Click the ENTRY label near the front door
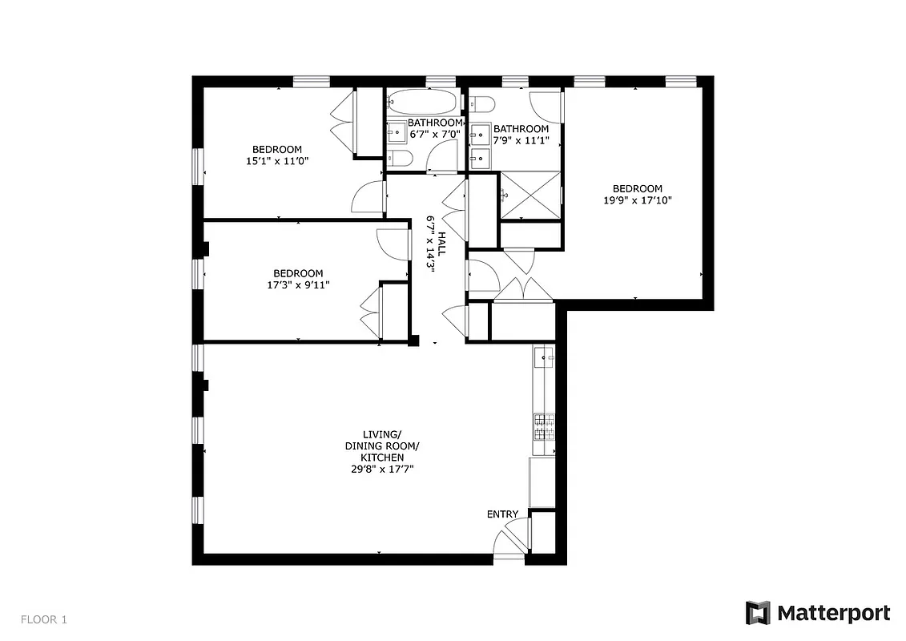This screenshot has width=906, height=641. click(502, 514)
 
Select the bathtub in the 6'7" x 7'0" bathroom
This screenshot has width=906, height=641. click(422, 103)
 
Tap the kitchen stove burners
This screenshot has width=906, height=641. click(545, 426)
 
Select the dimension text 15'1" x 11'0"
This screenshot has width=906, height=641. click(277, 161)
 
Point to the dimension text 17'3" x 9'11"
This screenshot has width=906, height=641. click(298, 284)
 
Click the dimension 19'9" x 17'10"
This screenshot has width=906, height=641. click(638, 200)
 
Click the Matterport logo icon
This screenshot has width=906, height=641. click(758, 613)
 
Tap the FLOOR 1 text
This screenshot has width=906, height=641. click(44, 619)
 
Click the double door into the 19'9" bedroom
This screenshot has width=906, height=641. click(522, 291)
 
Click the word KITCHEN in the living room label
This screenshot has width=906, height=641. click(381, 458)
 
